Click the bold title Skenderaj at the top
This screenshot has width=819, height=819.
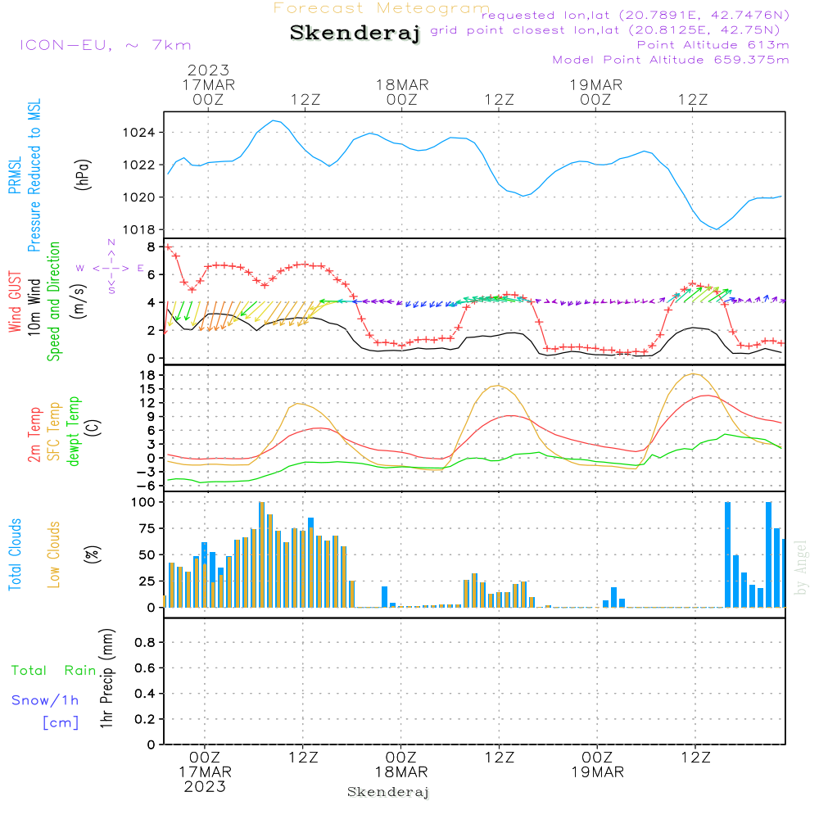click(355, 34)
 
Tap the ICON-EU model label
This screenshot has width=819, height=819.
click(105, 45)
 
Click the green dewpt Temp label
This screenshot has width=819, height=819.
click(74, 431)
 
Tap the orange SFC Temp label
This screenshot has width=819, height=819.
click(54, 431)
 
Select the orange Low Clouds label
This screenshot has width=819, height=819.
click(54, 554)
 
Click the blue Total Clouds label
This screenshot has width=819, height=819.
click(15, 554)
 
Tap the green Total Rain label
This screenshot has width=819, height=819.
click(53, 671)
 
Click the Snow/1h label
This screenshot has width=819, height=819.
click(45, 700)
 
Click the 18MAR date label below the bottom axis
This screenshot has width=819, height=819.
click(401, 772)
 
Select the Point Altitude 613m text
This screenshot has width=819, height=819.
click(713, 44)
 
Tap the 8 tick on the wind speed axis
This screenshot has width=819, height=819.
click(151, 247)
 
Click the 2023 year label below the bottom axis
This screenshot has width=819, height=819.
click(205, 786)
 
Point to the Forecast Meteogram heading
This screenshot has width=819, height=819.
click(382, 8)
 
